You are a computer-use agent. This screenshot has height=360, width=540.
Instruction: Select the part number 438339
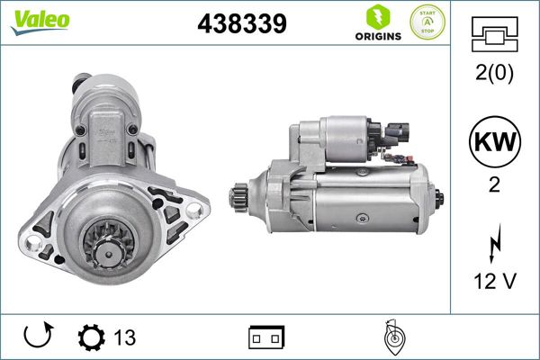point(241,24)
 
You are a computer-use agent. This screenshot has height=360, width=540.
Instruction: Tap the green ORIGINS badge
point(377,24)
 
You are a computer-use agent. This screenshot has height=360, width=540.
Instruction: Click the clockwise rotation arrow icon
point(37,337)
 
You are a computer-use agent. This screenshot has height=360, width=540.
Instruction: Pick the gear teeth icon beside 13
point(92,337)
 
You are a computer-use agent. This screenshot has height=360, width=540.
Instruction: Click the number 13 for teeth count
point(124,337)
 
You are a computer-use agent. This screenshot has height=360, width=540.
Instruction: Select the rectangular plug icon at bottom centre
point(266,337)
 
